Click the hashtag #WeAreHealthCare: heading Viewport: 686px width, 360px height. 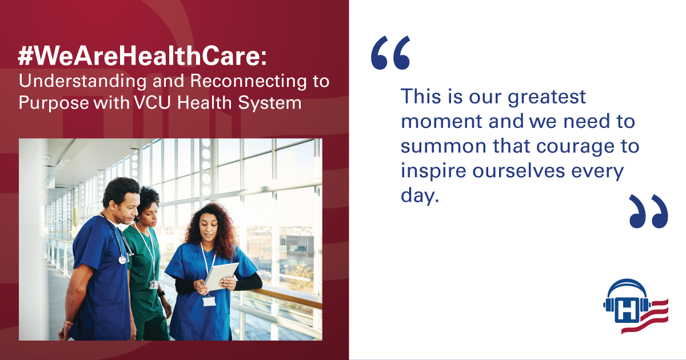point(142,56)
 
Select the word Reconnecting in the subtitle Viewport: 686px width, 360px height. point(248,82)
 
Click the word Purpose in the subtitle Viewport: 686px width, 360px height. point(54,103)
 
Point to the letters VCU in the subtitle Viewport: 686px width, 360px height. point(152,102)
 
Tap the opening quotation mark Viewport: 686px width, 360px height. point(390,53)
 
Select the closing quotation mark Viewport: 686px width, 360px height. point(649,211)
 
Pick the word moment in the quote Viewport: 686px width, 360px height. point(441,121)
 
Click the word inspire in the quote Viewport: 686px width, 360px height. point(433,170)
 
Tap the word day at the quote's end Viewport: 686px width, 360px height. point(420,195)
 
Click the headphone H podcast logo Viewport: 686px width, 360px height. point(636,306)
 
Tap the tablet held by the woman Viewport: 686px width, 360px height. point(221,277)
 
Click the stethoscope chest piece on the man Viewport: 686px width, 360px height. point(122,260)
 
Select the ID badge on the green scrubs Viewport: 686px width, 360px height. point(154,285)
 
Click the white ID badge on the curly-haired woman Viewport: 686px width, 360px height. point(209,301)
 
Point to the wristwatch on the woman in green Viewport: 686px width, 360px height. point(161,294)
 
